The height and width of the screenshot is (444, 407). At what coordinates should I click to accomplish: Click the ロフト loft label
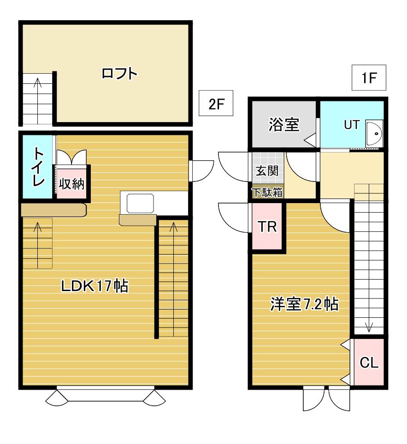(x=119, y=74)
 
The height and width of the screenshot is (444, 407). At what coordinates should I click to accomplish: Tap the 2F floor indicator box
(x=216, y=103)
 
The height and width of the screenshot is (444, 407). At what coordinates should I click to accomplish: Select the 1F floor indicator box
(x=369, y=77)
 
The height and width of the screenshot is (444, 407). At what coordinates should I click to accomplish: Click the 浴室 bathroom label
(x=284, y=125)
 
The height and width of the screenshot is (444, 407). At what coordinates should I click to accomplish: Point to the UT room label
(x=352, y=125)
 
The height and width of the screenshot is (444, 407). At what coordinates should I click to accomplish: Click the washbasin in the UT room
(x=374, y=133)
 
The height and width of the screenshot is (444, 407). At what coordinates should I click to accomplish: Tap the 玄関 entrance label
(x=267, y=171)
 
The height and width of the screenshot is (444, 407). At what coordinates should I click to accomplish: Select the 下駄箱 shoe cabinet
(x=268, y=193)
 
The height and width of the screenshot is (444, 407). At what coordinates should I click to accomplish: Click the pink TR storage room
(x=267, y=226)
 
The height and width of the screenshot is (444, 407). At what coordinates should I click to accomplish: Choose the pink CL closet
(x=369, y=362)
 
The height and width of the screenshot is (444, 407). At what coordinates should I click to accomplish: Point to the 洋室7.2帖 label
(x=304, y=304)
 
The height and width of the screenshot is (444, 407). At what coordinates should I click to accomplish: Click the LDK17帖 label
(x=94, y=286)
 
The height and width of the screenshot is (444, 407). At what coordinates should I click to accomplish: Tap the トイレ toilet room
(x=37, y=167)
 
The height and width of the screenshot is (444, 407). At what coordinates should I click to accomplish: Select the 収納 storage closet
(x=71, y=184)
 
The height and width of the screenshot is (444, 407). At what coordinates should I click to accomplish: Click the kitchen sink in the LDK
(x=140, y=203)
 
